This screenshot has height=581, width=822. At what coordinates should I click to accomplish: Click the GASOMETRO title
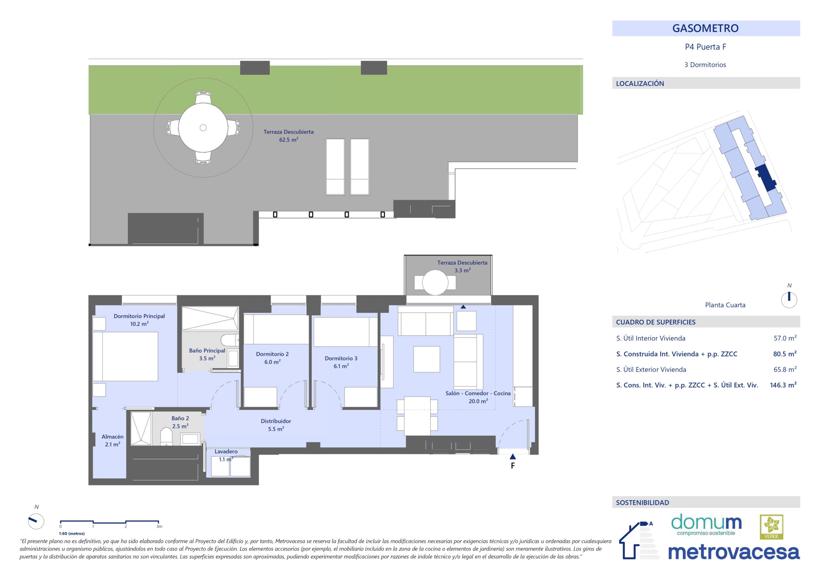pyautogui.click(x=705, y=28)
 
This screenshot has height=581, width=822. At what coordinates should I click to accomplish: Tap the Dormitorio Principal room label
pyautogui.click(x=139, y=316)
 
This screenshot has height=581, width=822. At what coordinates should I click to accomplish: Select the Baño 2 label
pyautogui.click(x=180, y=418)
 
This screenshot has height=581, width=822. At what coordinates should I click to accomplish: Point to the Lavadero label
pyautogui.click(x=226, y=451)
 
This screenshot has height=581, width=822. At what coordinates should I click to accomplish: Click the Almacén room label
pyautogui.click(x=112, y=437)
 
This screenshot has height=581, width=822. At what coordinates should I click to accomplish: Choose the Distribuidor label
pyautogui.click(x=276, y=421)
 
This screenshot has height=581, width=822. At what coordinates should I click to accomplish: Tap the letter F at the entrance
pyautogui.click(x=513, y=466)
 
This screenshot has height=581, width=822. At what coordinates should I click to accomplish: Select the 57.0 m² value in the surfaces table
pyautogui.click(x=785, y=338)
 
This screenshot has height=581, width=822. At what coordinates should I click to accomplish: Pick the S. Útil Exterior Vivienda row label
pyautogui.click(x=651, y=369)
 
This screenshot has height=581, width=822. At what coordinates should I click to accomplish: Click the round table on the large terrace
pyautogui.click(x=203, y=127)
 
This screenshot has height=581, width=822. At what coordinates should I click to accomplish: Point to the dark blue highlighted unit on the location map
pyautogui.click(x=765, y=178)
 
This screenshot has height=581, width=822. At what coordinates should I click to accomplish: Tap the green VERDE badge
pyautogui.click(x=772, y=527)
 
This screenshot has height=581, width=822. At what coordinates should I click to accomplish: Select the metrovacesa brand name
pyautogui.click(x=734, y=553)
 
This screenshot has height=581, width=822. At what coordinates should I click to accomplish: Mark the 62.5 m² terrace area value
pyautogui.click(x=289, y=140)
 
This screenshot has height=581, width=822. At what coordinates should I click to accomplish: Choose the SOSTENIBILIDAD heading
pyautogui.click(x=642, y=503)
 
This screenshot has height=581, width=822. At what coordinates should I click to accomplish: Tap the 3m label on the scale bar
pyautogui.click(x=159, y=526)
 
